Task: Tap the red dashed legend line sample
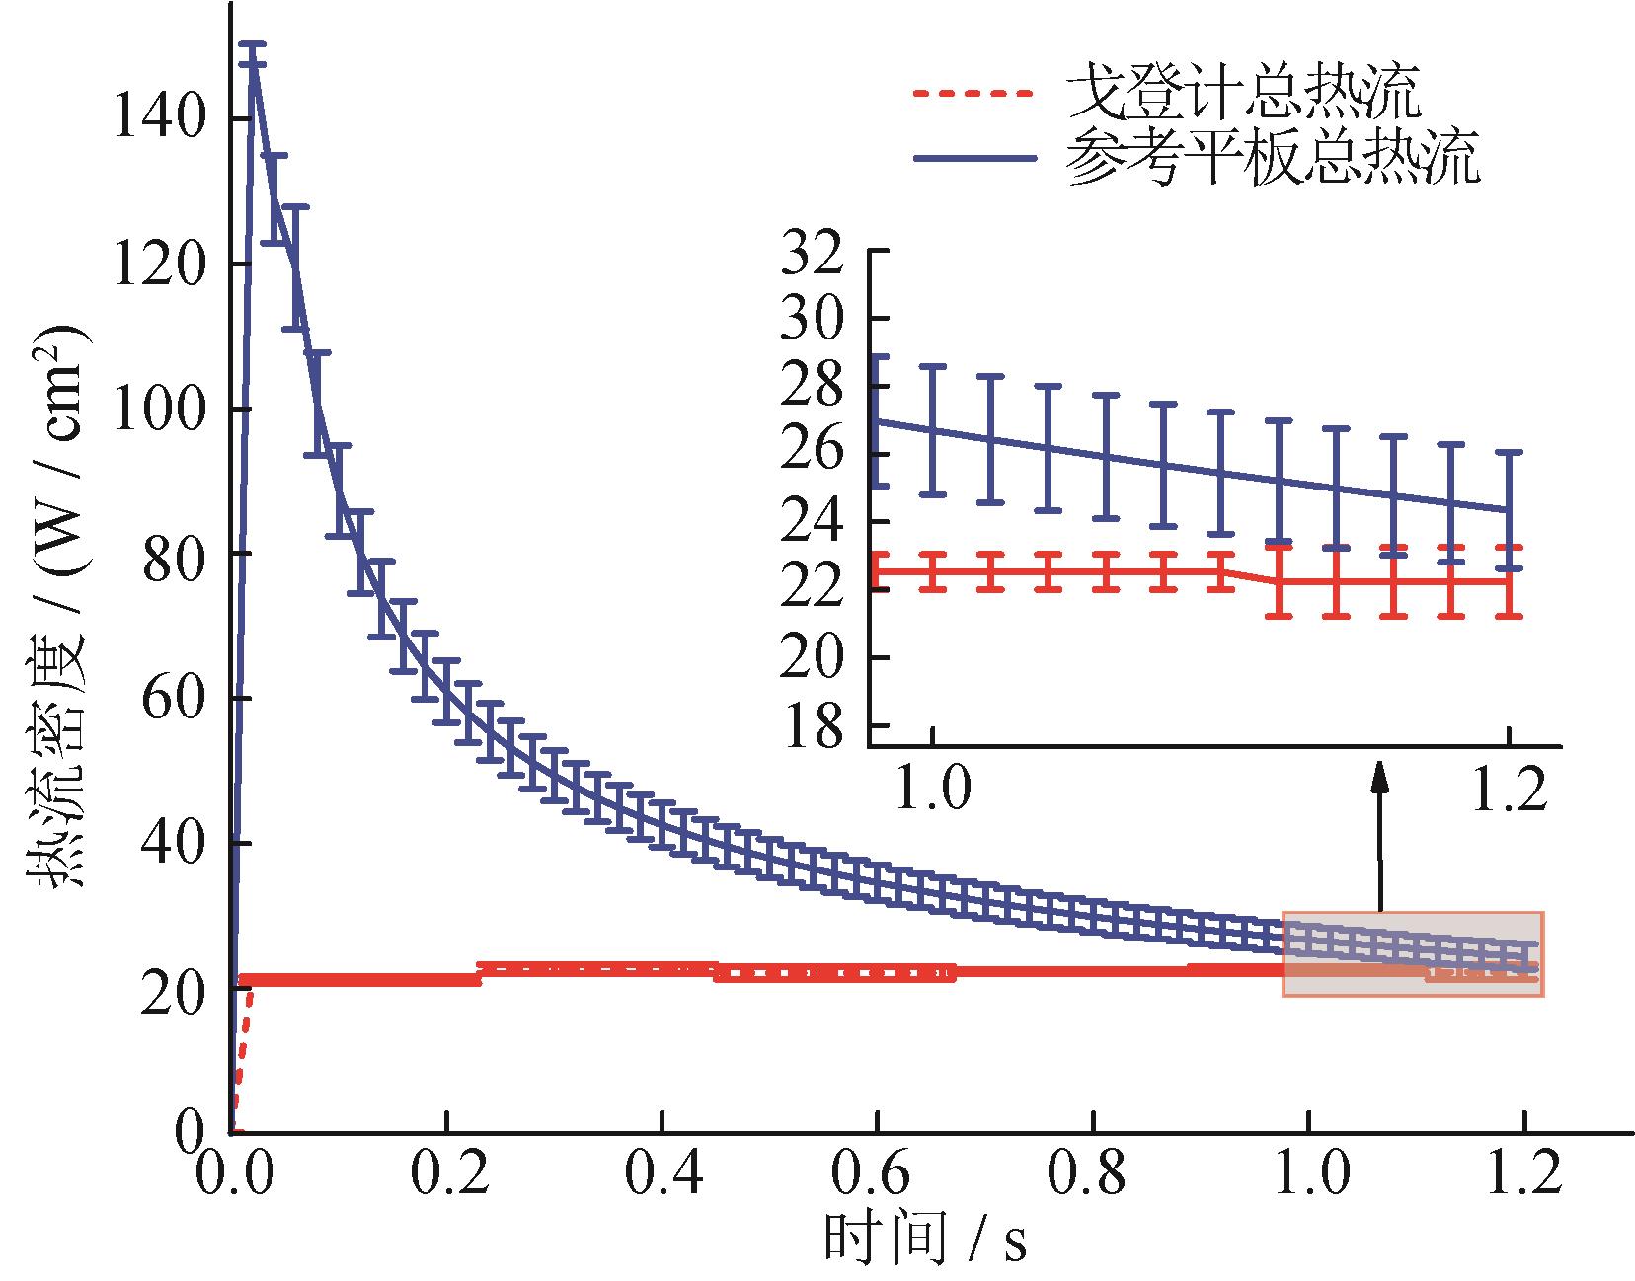coord(972,95)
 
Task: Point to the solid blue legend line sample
coord(972,157)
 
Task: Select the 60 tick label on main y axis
coord(173,699)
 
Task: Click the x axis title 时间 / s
coord(925,1240)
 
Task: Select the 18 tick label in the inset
coord(814,725)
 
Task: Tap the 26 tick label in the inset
coord(814,454)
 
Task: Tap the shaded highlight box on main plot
coord(1412,953)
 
